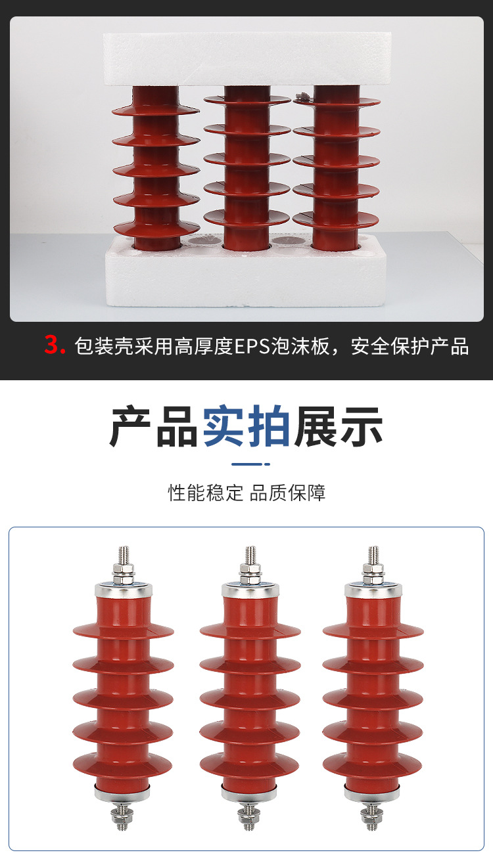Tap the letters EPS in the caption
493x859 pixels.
point(252,346)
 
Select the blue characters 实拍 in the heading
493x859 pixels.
point(246,427)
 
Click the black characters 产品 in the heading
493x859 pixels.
point(154,427)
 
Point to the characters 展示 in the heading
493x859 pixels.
point(339,427)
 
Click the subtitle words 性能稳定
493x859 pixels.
point(205,493)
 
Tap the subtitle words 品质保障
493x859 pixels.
point(287,493)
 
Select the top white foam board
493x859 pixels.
point(246,58)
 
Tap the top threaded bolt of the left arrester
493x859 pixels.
point(124,558)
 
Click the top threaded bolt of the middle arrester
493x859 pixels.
point(250,558)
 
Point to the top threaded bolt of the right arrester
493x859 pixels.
point(373,558)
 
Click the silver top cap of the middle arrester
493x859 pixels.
point(250,589)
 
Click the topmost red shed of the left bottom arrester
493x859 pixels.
point(124,631)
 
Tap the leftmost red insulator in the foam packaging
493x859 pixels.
point(156,167)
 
